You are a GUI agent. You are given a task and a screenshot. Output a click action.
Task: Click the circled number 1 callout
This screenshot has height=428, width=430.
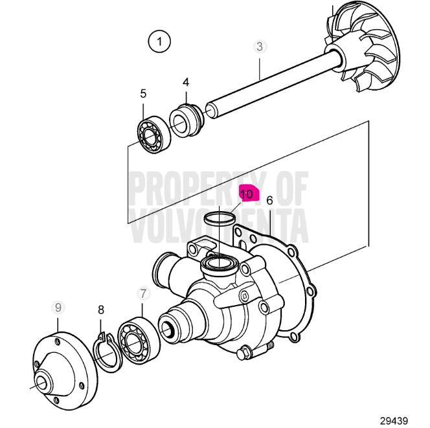(159, 42)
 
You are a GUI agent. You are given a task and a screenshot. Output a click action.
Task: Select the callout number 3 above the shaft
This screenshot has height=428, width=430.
(260, 47)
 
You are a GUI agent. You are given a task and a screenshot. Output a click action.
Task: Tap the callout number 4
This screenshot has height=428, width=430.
(186, 82)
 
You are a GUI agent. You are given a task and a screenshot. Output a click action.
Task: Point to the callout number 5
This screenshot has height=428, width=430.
(143, 94)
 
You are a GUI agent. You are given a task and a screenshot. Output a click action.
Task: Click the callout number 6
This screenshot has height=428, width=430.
(269, 200)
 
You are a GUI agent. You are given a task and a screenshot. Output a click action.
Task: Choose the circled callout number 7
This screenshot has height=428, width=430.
(142, 293)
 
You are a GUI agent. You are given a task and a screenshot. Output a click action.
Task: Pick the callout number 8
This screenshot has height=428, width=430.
(101, 310)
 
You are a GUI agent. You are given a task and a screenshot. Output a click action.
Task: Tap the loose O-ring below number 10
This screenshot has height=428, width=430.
(218, 219)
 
